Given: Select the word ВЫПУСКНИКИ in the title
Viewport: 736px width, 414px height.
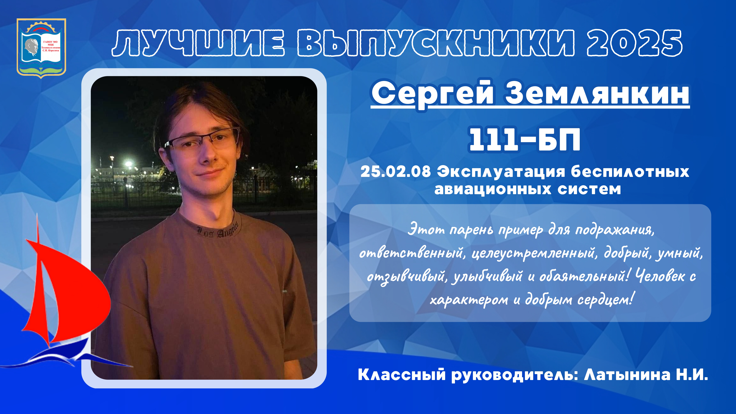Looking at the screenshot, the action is (436, 43).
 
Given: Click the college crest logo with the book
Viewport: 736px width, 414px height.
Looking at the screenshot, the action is (41, 48).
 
